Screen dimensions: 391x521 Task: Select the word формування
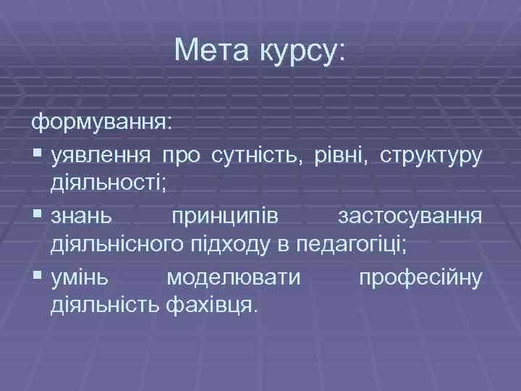(x=101, y=121)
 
